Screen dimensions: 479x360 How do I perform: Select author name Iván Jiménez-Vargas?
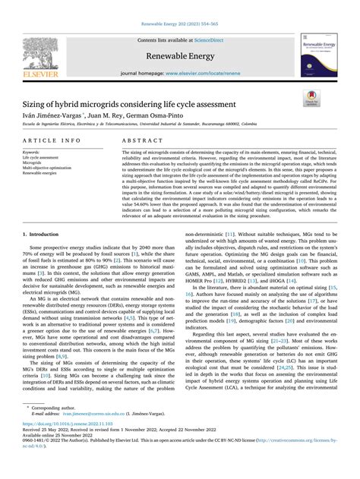click(x=55, y=112)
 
